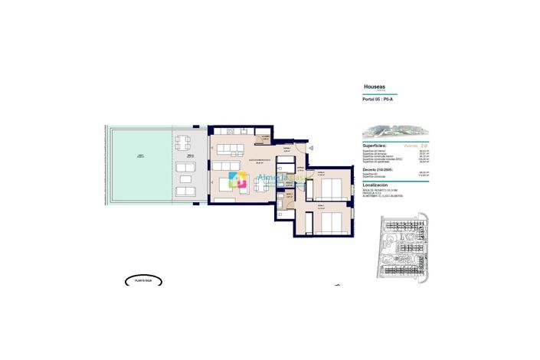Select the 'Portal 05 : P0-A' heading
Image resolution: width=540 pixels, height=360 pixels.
tap(378, 100)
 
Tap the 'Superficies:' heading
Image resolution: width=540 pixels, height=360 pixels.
tap(375, 144)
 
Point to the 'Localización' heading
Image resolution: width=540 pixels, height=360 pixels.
tap(375, 185)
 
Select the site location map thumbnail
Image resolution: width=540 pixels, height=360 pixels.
tap(403, 250)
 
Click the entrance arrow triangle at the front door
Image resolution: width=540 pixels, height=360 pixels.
tap(311, 149)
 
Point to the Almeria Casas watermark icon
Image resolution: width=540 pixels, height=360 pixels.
tap(239, 180)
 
